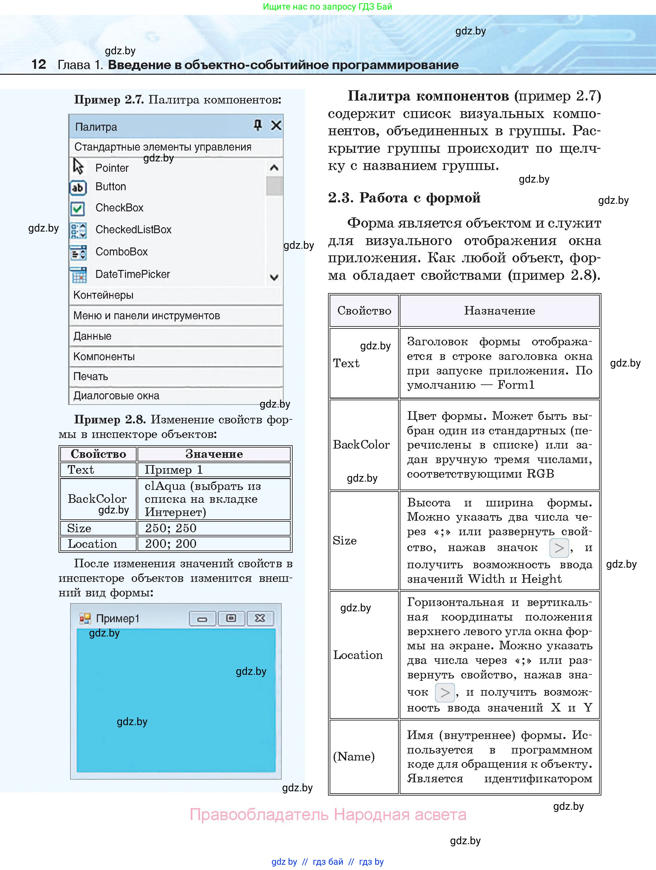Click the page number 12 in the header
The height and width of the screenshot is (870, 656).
[x=38, y=64]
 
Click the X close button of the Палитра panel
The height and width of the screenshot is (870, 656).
[x=276, y=125]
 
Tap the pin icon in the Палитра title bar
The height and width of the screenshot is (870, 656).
[x=258, y=125]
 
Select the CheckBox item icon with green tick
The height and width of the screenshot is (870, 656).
[x=78, y=208]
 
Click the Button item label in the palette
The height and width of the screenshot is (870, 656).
[x=110, y=187]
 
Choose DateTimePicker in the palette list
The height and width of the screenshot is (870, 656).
[x=133, y=274]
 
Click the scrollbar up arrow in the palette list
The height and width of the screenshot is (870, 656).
[x=274, y=168]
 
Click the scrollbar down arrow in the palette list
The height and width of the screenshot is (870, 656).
[x=274, y=277]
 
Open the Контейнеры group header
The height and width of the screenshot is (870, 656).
[x=176, y=295]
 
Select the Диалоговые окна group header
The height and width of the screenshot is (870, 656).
[x=176, y=396]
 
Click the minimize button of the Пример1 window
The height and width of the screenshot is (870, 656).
[x=202, y=619]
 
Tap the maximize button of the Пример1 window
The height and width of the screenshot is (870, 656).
[x=231, y=618]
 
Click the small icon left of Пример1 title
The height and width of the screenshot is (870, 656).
[x=85, y=619]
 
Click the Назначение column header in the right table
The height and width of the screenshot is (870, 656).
[x=499, y=311]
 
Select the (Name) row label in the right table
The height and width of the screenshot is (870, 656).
[x=354, y=756]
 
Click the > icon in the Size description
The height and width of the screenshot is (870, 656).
[x=558, y=548]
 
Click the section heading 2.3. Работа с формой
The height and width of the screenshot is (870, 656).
[x=404, y=198]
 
